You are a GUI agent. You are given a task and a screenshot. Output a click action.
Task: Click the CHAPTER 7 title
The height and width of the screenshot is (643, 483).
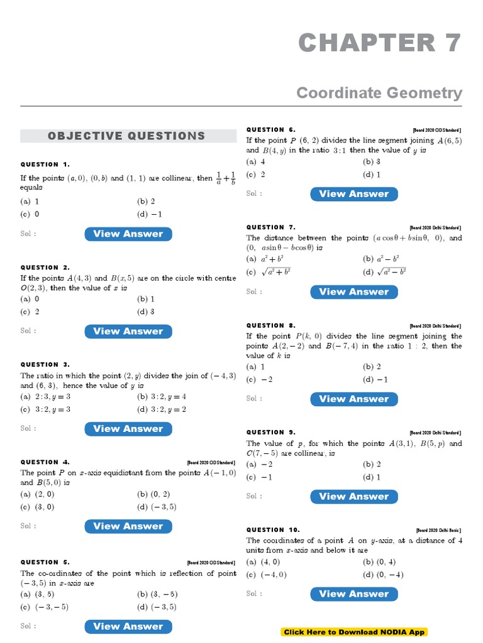(380, 43)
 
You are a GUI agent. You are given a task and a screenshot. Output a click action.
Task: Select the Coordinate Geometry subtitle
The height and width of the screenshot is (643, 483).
(379, 93)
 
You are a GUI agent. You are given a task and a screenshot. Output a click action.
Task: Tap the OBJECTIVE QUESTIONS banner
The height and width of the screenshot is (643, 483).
(126, 136)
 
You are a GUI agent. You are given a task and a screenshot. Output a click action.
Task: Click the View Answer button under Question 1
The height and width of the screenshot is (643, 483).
(128, 234)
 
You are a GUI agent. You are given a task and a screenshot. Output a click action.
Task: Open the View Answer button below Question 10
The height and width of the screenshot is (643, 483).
(353, 593)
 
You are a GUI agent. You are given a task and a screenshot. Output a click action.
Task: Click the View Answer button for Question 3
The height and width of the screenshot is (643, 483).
(128, 428)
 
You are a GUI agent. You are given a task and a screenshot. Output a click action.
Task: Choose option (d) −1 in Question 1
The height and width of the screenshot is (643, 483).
(150, 213)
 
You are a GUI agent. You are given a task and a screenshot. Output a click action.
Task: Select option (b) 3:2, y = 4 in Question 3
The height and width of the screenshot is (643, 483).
(162, 397)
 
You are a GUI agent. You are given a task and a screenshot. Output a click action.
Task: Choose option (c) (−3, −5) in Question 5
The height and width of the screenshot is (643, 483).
(45, 607)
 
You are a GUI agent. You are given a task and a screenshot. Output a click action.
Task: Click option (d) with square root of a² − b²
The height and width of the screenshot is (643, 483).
(384, 272)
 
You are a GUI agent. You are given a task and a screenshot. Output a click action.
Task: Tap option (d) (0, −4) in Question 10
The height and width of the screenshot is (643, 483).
(383, 575)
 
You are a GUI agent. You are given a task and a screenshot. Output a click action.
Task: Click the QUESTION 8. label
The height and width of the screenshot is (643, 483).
(270, 325)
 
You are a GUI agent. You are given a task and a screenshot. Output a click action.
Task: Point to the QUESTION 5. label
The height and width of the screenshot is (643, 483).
(45, 562)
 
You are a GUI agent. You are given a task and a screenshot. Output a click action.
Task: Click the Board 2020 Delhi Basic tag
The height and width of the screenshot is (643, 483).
(438, 530)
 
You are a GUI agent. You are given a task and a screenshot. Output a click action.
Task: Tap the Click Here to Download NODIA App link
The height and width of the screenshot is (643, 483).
(355, 632)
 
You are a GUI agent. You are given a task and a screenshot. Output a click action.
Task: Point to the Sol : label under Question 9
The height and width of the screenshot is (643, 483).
(254, 496)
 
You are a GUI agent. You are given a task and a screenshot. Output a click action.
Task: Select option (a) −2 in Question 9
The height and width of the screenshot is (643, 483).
(260, 465)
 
